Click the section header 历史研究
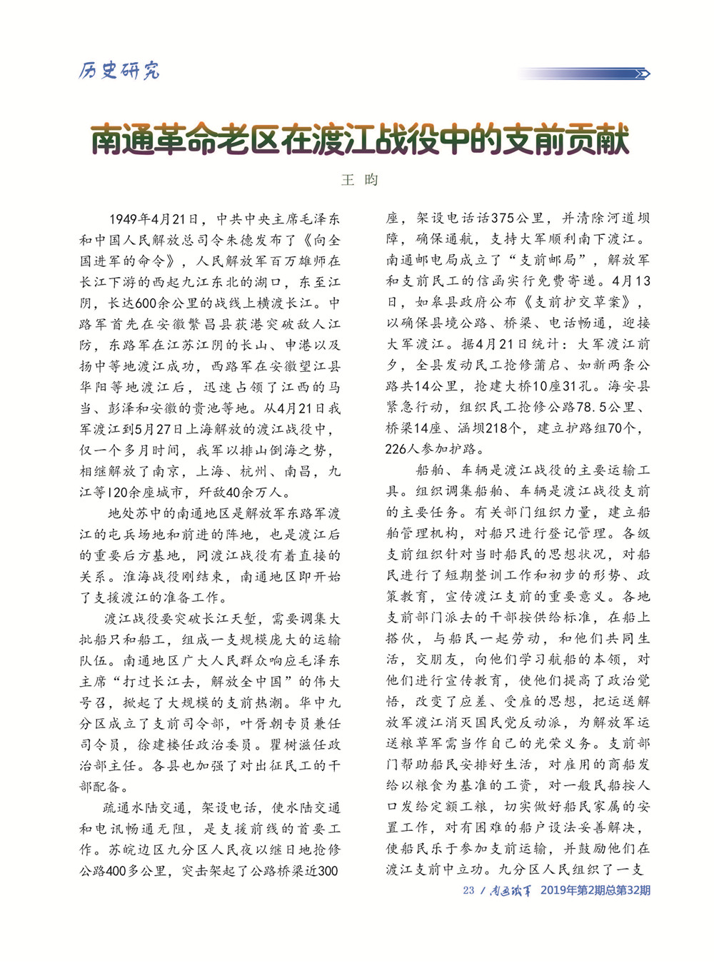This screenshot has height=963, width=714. (x=119, y=70)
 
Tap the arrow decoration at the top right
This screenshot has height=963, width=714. (x=641, y=74)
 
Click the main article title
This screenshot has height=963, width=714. (x=360, y=138)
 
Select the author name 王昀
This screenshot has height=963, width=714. (x=360, y=180)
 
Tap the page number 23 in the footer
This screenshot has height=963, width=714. (x=468, y=890)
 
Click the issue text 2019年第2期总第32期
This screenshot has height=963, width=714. (x=595, y=890)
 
